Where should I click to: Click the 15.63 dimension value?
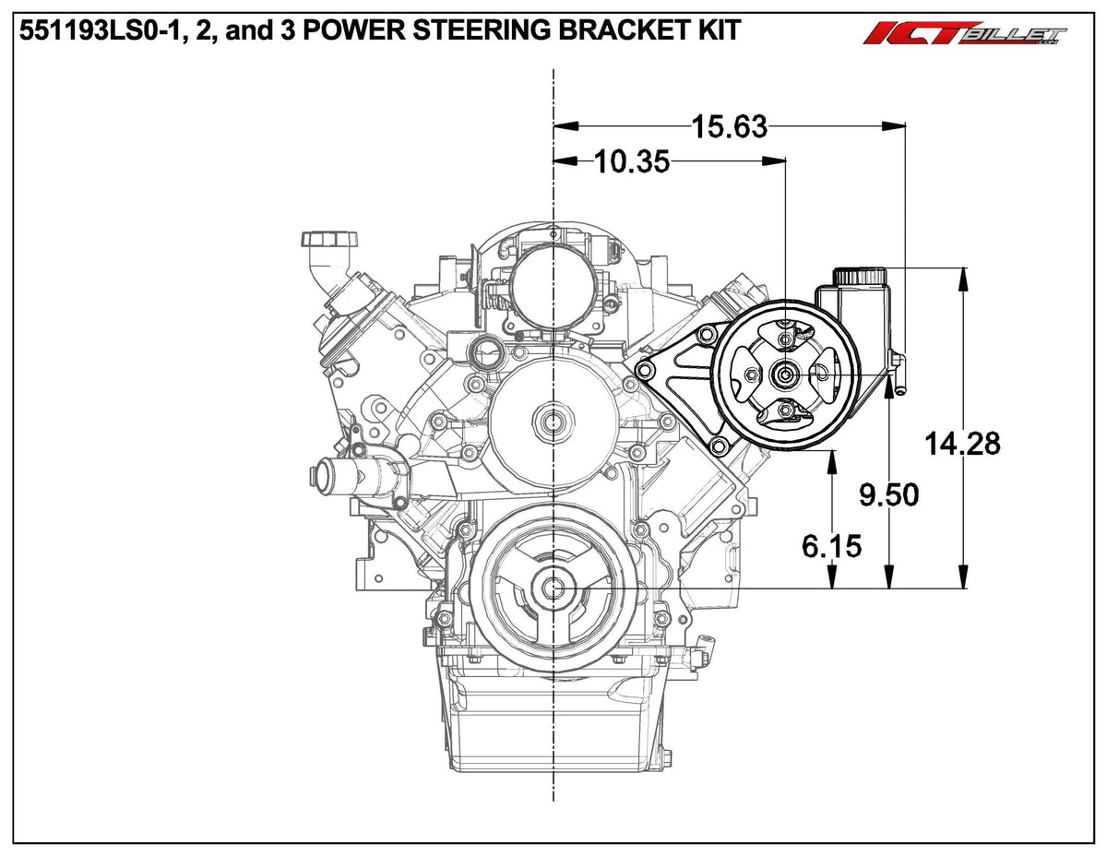[x=730, y=125]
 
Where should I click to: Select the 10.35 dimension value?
[x=631, y=161]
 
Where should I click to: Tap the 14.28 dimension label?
[x=963, y=444]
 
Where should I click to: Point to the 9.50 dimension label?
[x=888, y=495]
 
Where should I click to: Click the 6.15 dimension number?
[x=831, y=547]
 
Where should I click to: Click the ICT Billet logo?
[x=965, y=35]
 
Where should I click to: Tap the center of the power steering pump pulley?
[x=785, y=374]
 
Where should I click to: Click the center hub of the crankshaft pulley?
[x=553, y=588]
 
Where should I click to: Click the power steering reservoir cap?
[x=860, y=275]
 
